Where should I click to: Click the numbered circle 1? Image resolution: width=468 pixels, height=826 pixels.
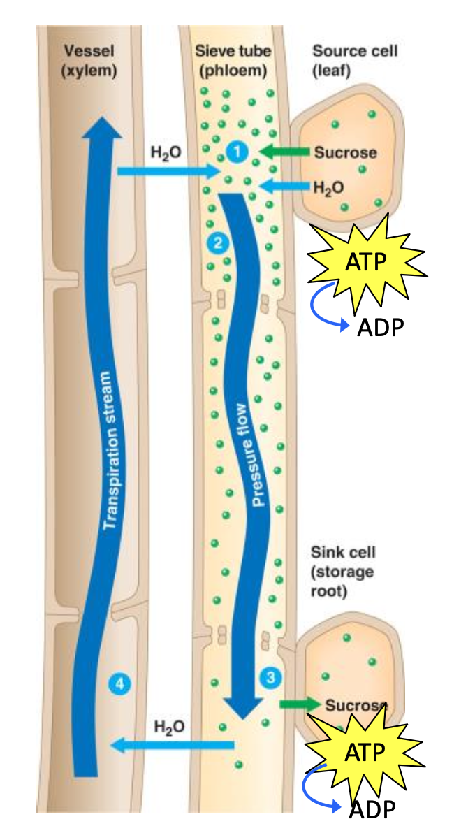pos(237,151)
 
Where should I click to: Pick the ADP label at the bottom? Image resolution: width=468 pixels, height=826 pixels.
pos(372,810)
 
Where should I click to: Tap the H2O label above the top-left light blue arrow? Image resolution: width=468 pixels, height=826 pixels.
pos(163,150)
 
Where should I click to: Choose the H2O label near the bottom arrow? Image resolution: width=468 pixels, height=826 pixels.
pos(170,726)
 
